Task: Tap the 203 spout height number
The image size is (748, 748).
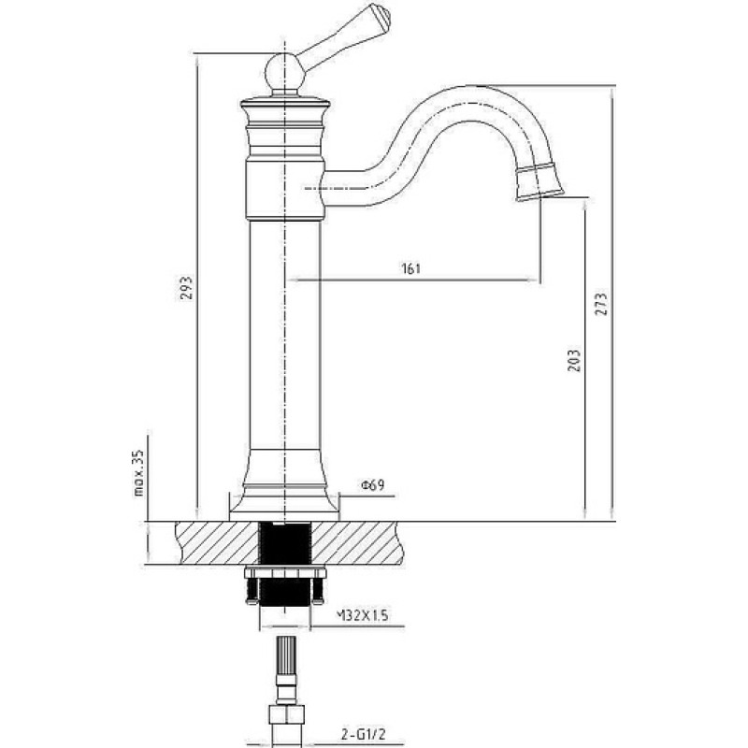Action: (x=575, y=361)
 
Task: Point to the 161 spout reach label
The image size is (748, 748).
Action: (x=411, y=268)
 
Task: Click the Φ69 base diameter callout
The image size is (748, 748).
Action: (x=373, y=485)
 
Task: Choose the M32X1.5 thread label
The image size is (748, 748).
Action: (x=363, y=615)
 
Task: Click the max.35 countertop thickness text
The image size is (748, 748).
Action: (x=138, y=473)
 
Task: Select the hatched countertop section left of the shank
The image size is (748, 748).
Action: (x=217, y=543)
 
